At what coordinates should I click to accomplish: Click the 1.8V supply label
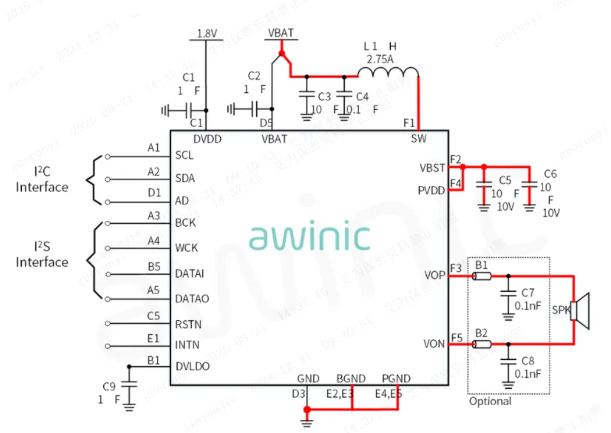tap(207, 34)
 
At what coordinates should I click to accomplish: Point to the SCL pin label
tap(185, 156)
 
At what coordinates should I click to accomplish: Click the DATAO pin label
tap(192, 299)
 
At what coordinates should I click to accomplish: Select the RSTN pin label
tap(188, 324)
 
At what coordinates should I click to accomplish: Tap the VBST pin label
tap(433, 168)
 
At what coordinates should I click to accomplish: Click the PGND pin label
tap(396, 379)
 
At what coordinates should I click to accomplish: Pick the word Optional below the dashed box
tap(490, 401)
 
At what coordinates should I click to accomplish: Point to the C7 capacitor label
tap(527, 292)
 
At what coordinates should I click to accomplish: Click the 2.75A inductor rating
tap(380, 59)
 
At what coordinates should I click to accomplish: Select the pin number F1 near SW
tap(409, 123)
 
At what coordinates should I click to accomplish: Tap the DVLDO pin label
tap(192, 366)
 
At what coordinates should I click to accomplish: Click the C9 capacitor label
tap(109, 386)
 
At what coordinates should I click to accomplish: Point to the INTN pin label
tap(187, 345)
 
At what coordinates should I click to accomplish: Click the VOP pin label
tap(434, 275)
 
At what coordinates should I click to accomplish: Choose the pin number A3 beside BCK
tap(153, 216)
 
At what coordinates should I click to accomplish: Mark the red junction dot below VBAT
tap(282, 54)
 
